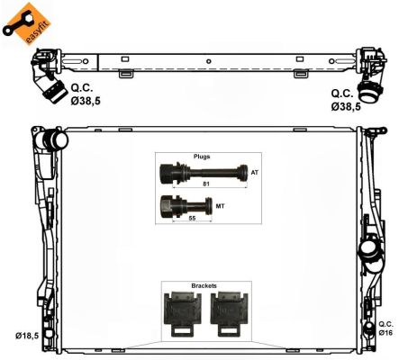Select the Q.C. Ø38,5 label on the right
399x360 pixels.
point(346,99)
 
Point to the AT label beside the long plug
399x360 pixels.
point(255,172)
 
